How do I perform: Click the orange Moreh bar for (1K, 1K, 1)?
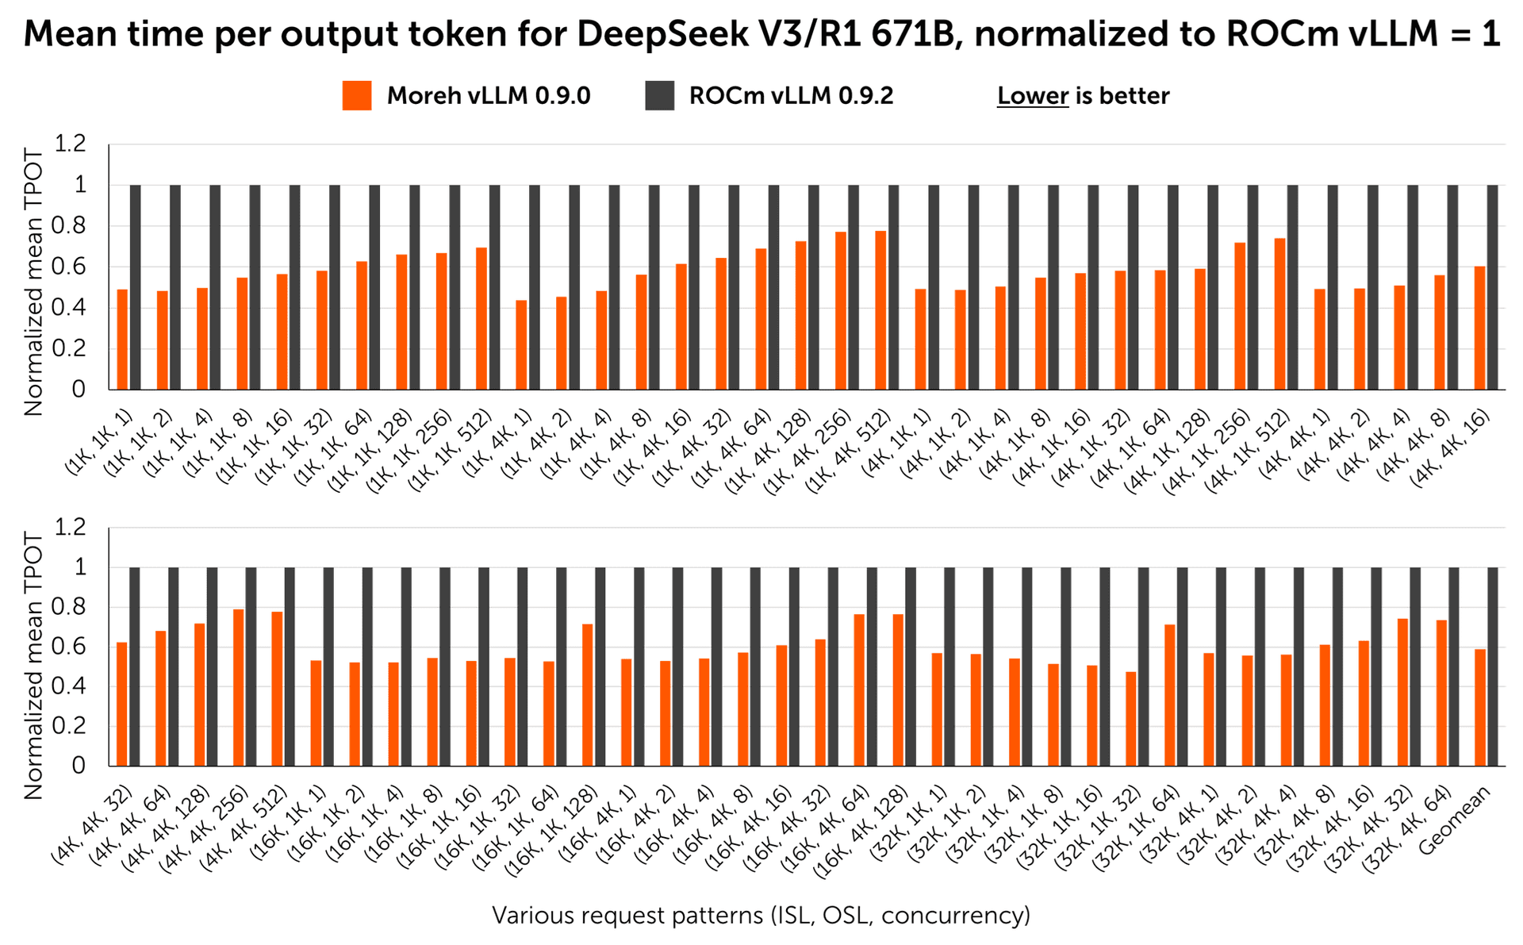(122, 340)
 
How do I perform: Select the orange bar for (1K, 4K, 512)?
(880, 310)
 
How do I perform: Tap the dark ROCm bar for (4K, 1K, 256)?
(1253, 287)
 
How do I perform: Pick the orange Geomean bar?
(1480, 708)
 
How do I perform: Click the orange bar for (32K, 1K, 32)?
(1130, 719)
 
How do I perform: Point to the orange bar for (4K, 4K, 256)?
(238, 688)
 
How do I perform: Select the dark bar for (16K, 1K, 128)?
(600, 666)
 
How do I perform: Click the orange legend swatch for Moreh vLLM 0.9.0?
(357, 96)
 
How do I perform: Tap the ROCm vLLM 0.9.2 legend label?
(791, 96)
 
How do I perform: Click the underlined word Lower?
(1032, 96)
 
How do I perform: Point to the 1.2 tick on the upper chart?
(70, 144)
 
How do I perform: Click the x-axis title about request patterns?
(761, 915)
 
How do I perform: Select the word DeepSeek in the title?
(654, 33)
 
